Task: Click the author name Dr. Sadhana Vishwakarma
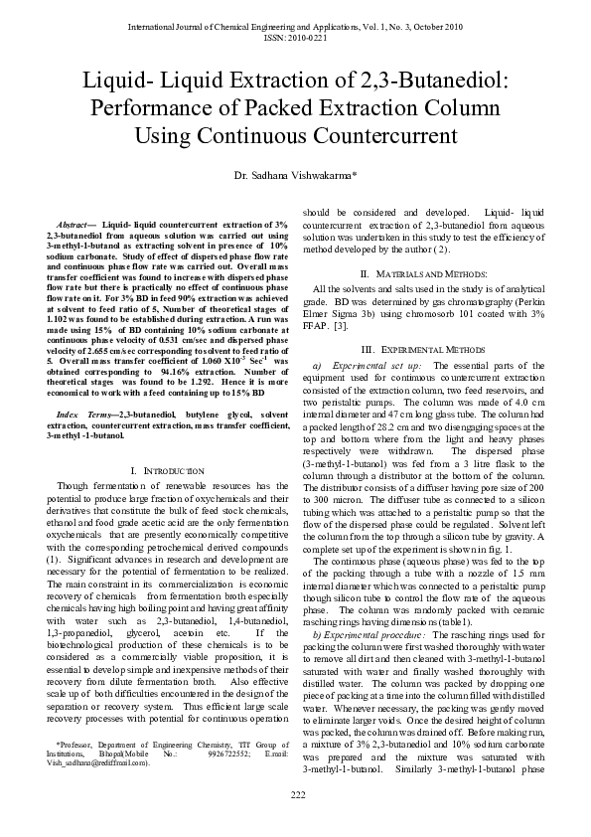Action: pos(294,175)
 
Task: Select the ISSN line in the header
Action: pos(295,36)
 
